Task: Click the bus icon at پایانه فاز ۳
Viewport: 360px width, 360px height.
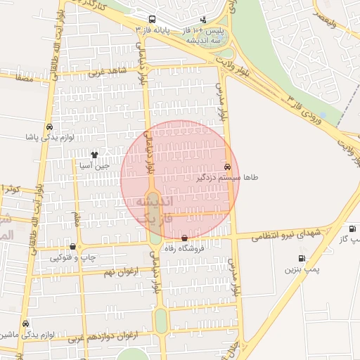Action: [x=153, y=19]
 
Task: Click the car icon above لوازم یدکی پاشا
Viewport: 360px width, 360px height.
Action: [x=49, y=127]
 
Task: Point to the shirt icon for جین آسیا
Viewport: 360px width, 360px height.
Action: [x=95, y=154]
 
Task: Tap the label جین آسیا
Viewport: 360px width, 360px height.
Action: [x=94, y=166]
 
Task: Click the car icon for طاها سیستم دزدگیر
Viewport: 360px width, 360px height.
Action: [x=226, y=167]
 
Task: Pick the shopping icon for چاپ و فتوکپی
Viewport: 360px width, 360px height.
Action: [x=73, y=247]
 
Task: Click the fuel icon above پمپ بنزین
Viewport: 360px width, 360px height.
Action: [x=302, y=258]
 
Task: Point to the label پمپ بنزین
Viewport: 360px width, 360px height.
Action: [x=302, y=269]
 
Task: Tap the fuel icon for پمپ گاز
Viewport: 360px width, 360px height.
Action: [x=352, y=229]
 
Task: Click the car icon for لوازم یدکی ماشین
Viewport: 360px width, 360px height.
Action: [x=26, y=324]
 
